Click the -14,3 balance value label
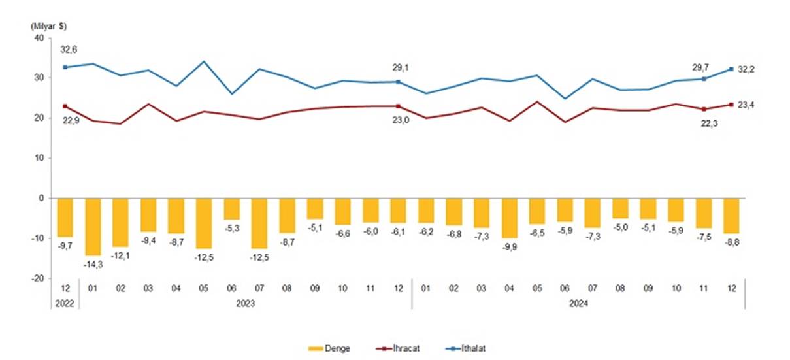(x=93, y=264)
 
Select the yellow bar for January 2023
(x=93, y=226)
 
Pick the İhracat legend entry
(x=394, y=348)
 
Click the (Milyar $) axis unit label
(x=48, y=25)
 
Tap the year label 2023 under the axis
(x=246, y=303)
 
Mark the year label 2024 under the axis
(x=578, y=303)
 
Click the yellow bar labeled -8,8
(x=731, y=216)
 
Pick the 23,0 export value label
(x=401, y=120)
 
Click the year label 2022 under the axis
(x=65, y=303)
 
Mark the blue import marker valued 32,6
(x=65, y=67)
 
